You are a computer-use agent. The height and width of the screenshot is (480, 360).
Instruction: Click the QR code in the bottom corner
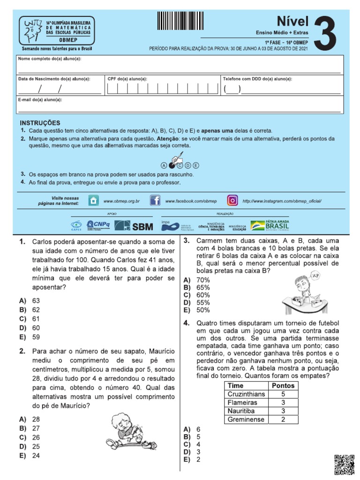coord(344,465)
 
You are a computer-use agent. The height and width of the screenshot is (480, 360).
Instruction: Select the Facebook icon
coord(155,201)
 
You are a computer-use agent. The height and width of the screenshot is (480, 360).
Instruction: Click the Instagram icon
coord(232,201)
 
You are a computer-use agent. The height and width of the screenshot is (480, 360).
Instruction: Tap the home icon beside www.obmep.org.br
coord(94,201)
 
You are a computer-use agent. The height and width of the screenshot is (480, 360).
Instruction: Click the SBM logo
coord(134,226)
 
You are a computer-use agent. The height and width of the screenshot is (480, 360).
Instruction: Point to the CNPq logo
coord(98,225)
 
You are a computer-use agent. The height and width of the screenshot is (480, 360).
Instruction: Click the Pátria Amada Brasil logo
coord(270,225)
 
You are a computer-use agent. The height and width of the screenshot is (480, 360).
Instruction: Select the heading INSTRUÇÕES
coord(40,122)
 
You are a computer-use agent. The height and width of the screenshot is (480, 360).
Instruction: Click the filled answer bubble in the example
coord(172,165)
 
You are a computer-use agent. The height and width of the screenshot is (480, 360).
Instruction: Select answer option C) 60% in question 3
coord(197,295)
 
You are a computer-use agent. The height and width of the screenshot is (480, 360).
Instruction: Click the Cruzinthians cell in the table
coord(246,394)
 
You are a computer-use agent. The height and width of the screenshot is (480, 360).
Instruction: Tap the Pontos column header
coord(283,385)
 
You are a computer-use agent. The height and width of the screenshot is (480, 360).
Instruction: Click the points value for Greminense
coord(283,419)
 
